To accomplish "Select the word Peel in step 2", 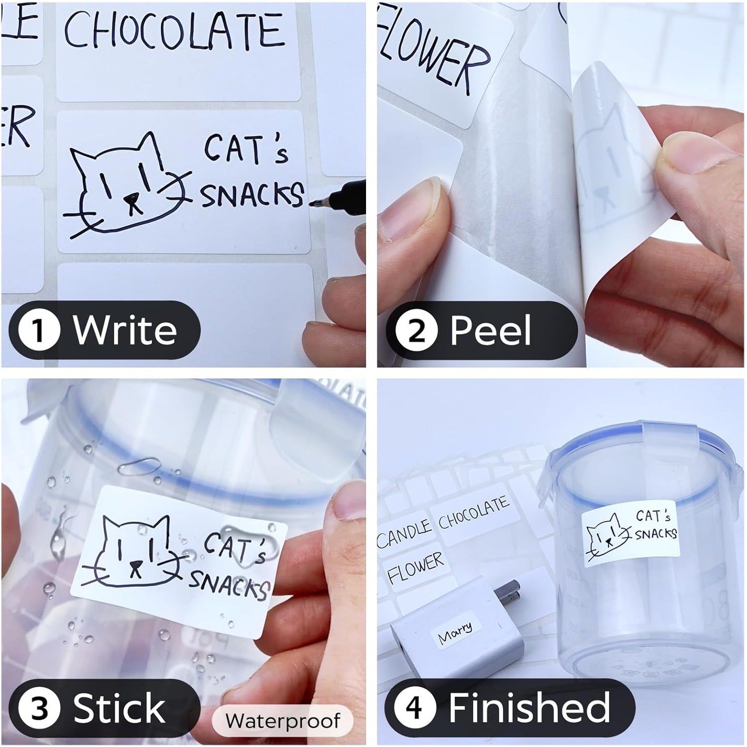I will click(x=490, y=331).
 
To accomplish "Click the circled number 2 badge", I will click(x=416, y=331).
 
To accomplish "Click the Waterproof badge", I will click(x=283, y=720).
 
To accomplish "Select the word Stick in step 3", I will click(x=119, y=708).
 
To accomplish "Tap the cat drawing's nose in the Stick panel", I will click(x=136, y=565).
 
